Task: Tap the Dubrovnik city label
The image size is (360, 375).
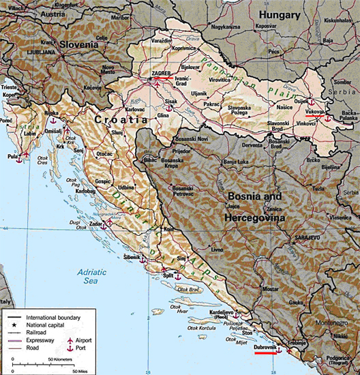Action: tap(265, 348)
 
